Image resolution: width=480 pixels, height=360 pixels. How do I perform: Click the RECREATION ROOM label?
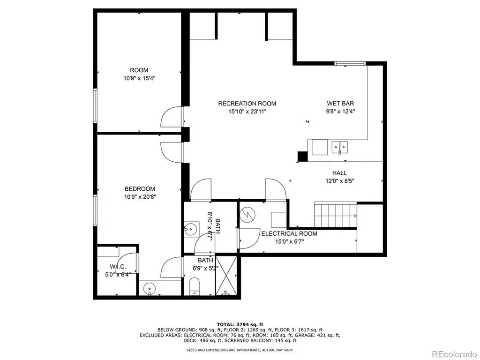(247, 104)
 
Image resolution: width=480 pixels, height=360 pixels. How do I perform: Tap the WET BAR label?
(340, 104)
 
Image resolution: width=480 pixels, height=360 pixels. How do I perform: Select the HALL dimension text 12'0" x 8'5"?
(339, 181)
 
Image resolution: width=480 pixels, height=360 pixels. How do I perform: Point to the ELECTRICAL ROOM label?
(289, 233)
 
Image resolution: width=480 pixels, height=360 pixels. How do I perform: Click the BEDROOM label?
(140, 189)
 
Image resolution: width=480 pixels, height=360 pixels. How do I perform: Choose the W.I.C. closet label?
(118, 267)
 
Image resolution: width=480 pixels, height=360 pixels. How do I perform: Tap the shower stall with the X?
(226, 276)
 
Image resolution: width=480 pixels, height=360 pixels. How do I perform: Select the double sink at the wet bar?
(340, 147)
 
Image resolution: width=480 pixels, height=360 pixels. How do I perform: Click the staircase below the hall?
(336, 215)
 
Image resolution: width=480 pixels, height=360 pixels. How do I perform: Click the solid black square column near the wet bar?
(302, 157)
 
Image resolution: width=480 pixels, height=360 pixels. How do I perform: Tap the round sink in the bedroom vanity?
(150, 288)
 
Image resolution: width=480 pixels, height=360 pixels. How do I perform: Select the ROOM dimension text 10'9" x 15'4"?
(139, 78)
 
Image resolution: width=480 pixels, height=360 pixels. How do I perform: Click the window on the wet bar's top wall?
(350, 64)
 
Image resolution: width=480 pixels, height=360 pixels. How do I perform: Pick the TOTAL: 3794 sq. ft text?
(240, 324)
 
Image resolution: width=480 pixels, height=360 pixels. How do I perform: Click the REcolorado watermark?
(454, 354)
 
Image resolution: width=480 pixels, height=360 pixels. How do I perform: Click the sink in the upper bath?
(191, 229)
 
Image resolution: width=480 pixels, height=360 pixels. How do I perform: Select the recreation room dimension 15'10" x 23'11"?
(247, 112)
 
